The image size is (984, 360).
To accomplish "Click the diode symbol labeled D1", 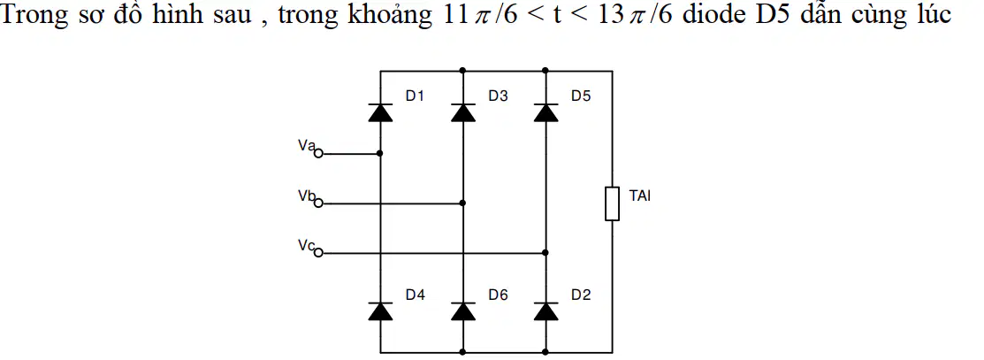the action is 380,112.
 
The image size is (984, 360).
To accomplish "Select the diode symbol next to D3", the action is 463,112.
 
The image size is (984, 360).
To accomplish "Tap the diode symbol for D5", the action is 546,112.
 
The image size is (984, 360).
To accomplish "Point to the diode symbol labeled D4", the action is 380,311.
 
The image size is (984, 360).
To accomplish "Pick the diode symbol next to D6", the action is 463,311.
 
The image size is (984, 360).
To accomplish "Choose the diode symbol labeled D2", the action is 546,311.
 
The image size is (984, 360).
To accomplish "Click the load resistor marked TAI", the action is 612,203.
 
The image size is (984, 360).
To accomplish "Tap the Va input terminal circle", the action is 318,153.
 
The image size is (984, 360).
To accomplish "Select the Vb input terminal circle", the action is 318,203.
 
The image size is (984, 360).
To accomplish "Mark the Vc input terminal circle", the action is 318,253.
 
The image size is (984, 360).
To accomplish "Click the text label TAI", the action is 640,196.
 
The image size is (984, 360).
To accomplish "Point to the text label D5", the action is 581,96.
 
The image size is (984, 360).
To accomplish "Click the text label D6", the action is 499,295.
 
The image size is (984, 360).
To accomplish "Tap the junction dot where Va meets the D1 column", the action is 380,153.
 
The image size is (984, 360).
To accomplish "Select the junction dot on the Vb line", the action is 463,203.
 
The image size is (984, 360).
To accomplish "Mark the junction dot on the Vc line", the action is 546,253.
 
